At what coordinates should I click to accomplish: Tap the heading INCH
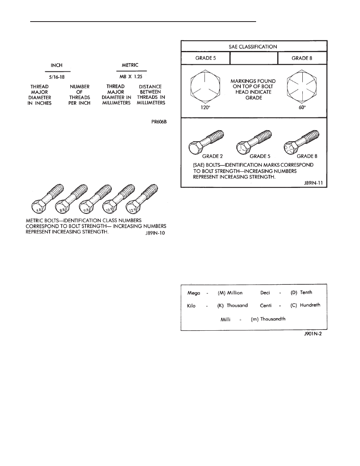pyautogui.click(x=58, y=66)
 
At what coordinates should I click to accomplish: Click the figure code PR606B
pyautogui.click(x=159, y=122)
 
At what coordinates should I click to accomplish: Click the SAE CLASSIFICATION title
pyautogui.click(x=253, y=46)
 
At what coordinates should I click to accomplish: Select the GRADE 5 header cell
pyautogui.click(x=205, y=58)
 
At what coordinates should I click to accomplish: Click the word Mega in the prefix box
pyautogui.click(x=193, y=293)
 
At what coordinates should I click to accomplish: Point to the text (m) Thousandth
pyautogui.click(x=267, y=319)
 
